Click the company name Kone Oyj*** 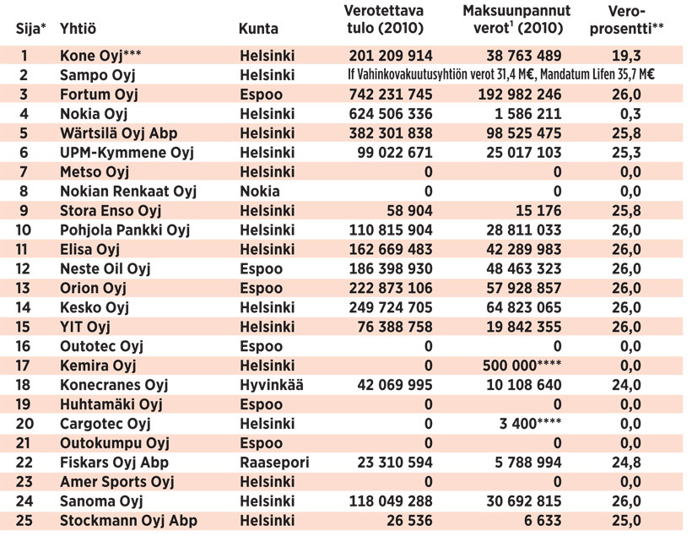point(100,56)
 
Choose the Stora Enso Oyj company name point(111,211)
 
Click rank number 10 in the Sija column point(24,230)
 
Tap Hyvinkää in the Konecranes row point(271,386)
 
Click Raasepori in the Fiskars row point(274,463)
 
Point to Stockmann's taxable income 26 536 point(408,521)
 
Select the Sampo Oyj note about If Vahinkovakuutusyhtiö point(502,75)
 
